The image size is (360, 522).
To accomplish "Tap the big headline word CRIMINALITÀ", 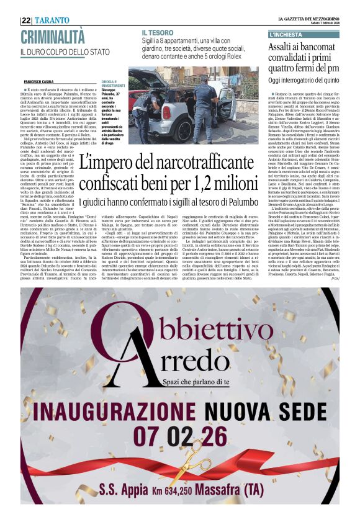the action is coord(53,36).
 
